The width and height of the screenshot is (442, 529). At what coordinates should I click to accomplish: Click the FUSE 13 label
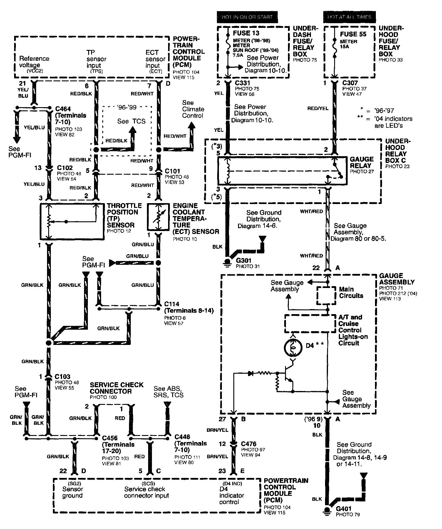point(246,33)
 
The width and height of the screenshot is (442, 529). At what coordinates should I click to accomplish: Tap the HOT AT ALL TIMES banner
point(349,17)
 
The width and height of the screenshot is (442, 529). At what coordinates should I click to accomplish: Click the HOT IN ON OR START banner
point(247,17)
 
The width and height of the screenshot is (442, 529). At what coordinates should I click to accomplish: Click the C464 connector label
point(63,109)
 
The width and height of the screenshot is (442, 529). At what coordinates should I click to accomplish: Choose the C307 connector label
point(350,83)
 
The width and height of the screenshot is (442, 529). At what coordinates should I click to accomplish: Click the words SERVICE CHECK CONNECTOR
point(116,388)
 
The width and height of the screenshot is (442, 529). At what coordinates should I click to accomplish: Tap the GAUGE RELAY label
point(361,162)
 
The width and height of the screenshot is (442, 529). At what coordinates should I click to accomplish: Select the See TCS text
point(131,121)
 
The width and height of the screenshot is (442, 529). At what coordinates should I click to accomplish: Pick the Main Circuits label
point(351,292)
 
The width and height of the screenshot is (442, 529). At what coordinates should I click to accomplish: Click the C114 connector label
point(172,304)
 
